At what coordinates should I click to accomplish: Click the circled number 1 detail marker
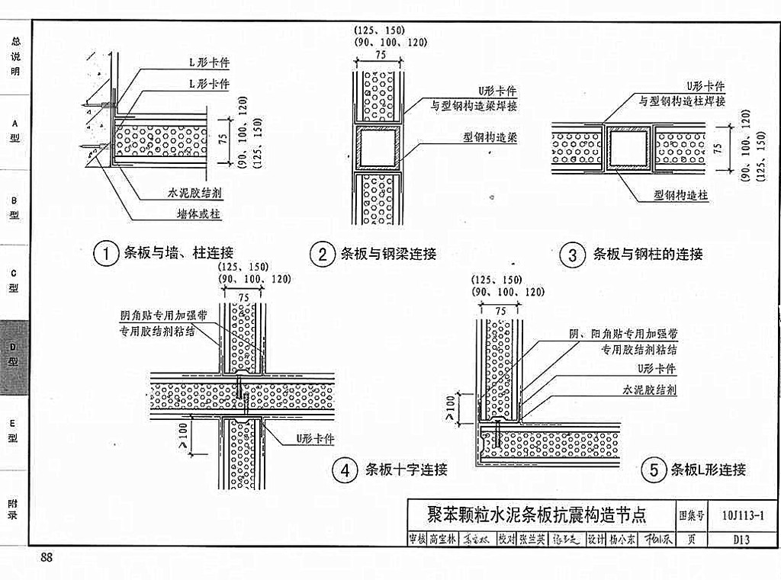coord(105,254)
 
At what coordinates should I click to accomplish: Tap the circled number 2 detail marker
coord(323,255)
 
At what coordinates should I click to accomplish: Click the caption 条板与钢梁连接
coord(388,255)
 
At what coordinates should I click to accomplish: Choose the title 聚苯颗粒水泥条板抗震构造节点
coord(537,515)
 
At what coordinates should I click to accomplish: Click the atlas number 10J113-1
coord(742,515)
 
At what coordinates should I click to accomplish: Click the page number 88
coord(47,559)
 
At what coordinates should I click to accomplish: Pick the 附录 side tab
coord(14,509)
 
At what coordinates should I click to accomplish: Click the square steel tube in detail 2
coord(378,148)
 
